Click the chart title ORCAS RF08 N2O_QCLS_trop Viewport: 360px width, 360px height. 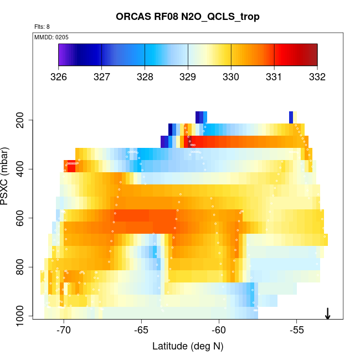pos(188,17)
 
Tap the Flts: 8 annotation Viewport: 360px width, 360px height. pos(42,27)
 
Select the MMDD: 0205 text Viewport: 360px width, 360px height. pos(50,37)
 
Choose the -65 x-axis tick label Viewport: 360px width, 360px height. pos(141,331)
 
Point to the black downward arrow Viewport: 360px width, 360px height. pos(328,313)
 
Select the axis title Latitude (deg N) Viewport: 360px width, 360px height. pos(188,346)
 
